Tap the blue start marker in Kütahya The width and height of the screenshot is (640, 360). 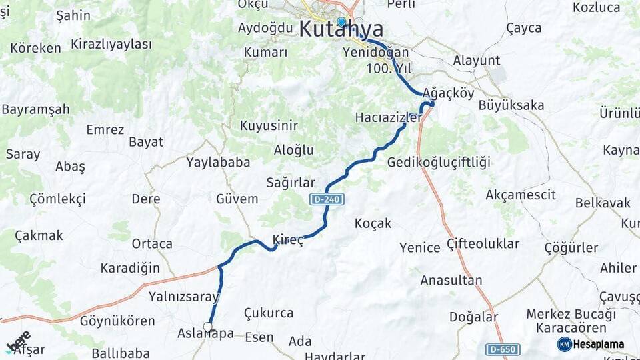[x=341, y=21]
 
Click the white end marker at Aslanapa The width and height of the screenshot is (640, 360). [x=208, y=327]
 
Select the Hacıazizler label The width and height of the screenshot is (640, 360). [x=389, y=117]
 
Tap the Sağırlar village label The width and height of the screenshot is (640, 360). [x=290, y=183]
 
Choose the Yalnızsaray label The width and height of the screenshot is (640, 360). [x=184, y=297]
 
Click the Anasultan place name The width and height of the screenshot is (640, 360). [x=451, y=280]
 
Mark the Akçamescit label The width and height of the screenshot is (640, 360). [x=521, y=195]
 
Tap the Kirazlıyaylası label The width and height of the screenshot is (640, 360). [x=111, y=44]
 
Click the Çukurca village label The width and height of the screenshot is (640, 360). [x=268, y=313]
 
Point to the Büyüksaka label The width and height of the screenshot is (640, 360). [x=511, y=105]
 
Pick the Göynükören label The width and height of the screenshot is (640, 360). [x=117, y=321]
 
